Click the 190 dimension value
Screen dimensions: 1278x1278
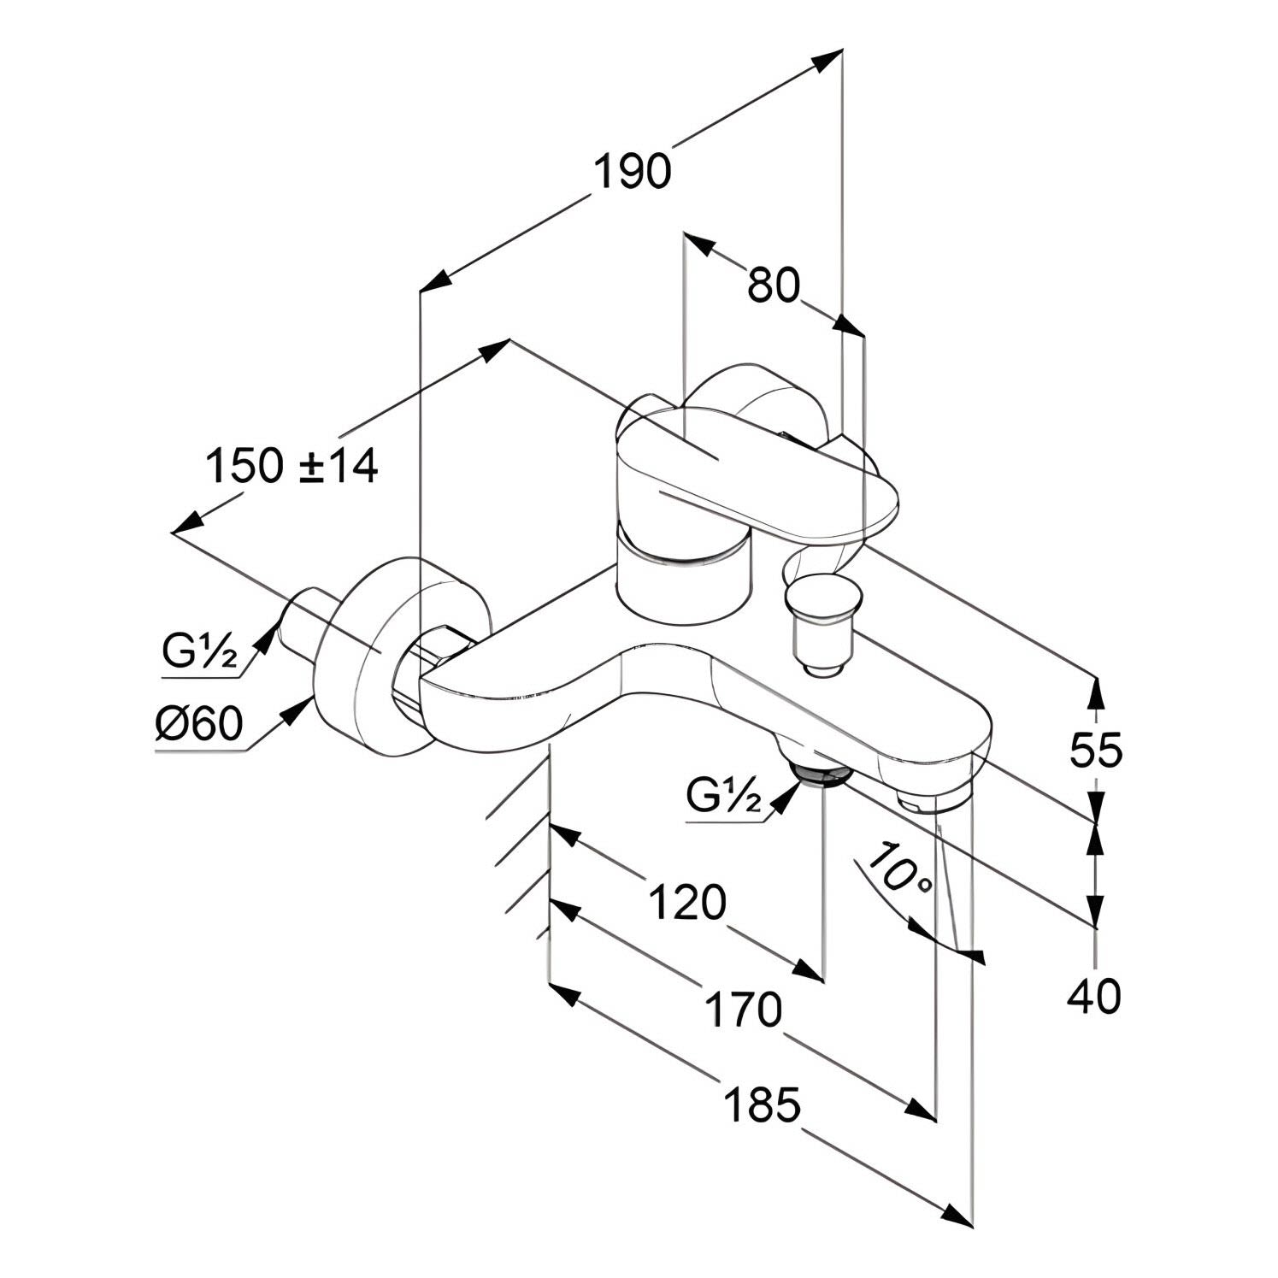633,172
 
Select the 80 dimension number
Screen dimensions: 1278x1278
774,285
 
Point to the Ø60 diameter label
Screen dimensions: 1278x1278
199,725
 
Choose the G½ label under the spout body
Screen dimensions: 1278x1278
723,798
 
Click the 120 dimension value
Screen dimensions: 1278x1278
686,903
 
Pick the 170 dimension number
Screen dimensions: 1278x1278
743,1010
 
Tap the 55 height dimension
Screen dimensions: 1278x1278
1095,751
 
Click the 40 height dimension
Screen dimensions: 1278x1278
1095,997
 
